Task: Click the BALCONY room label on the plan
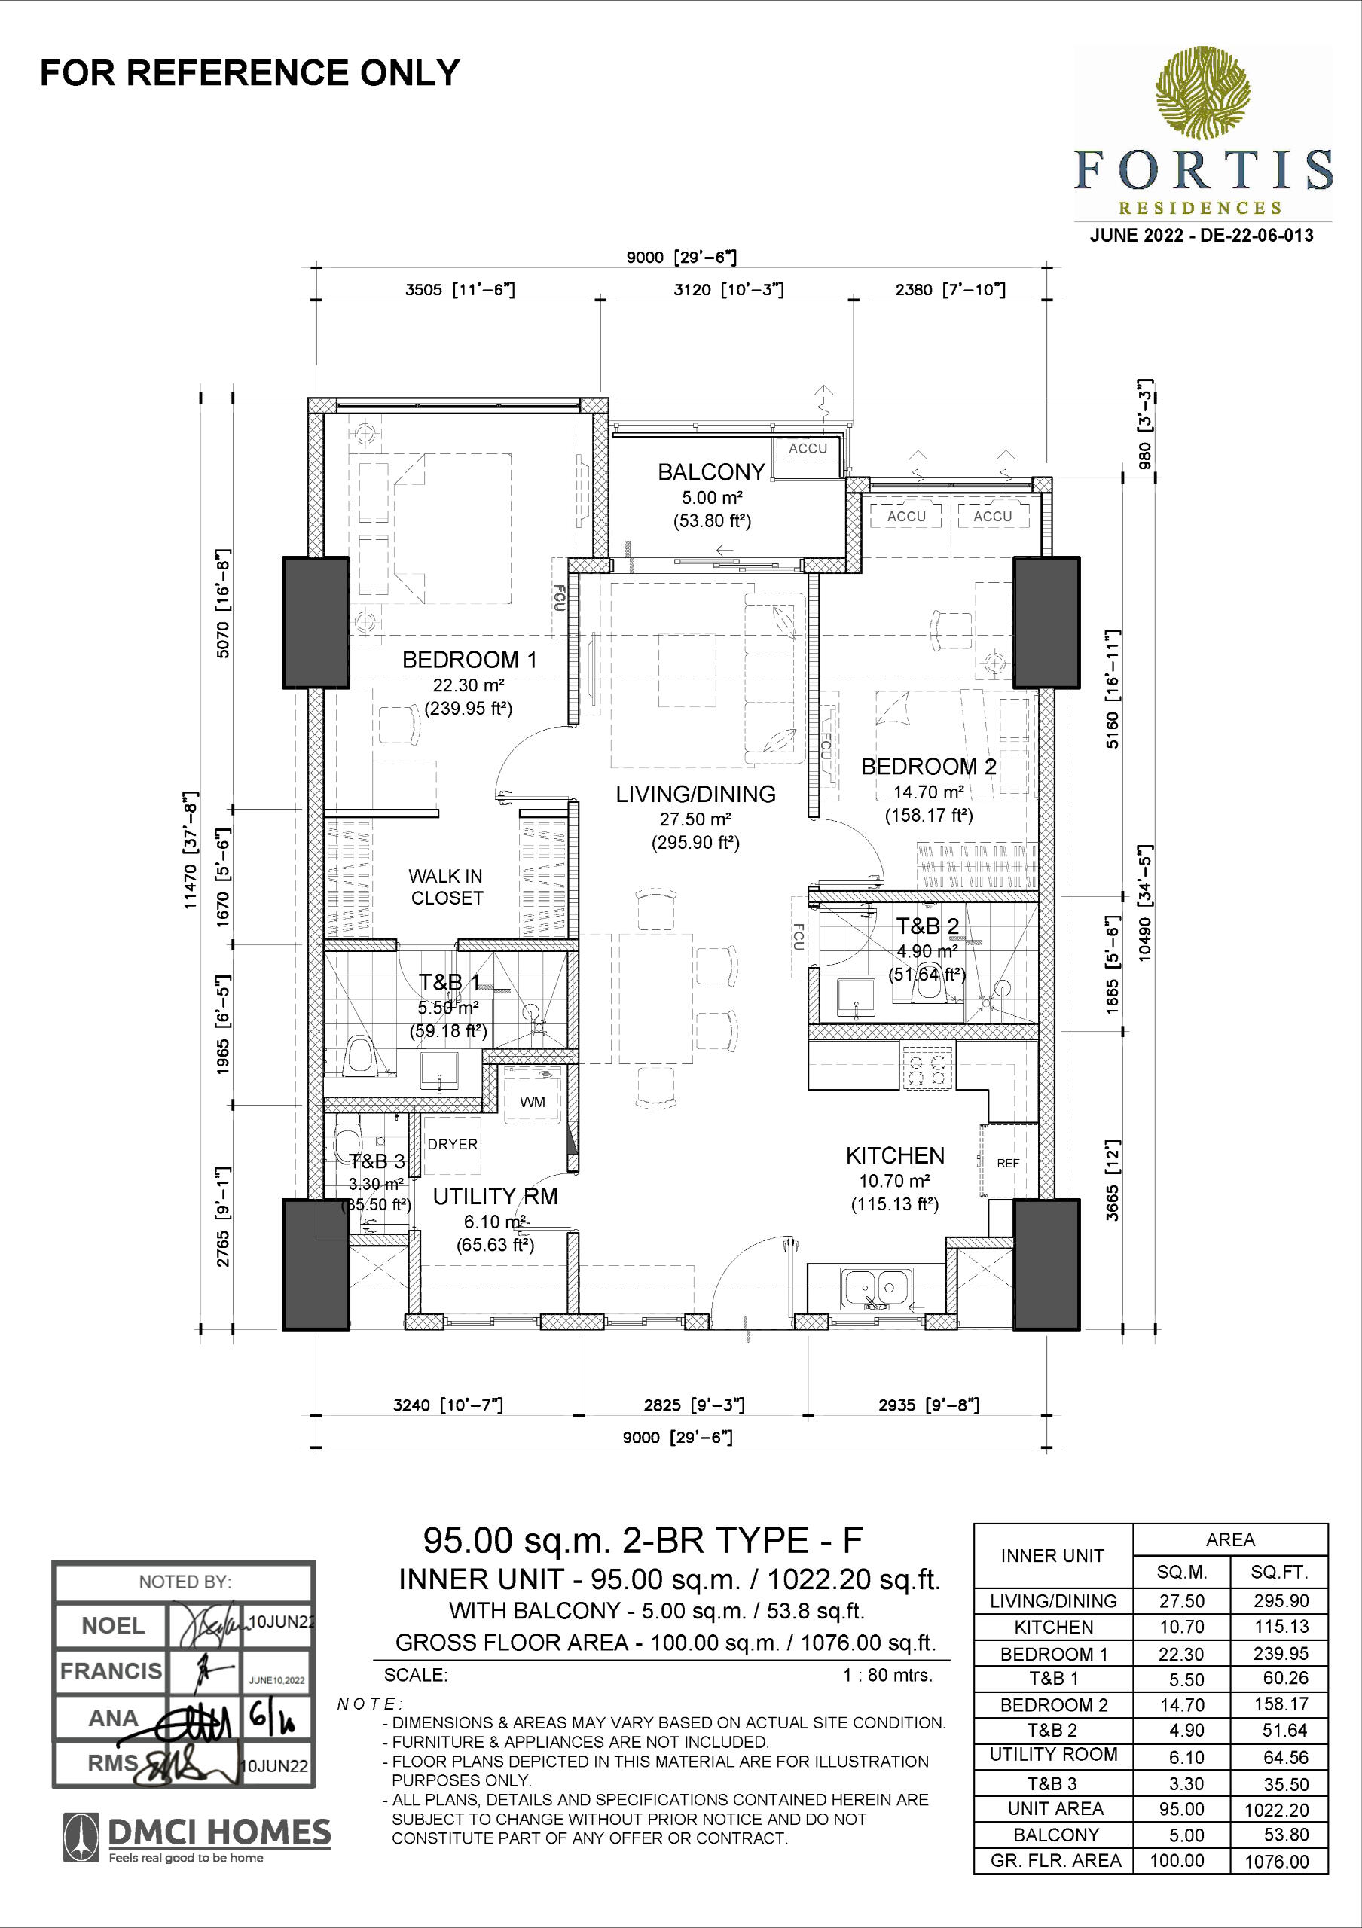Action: click(711, 472)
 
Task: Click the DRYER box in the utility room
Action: click(452, 1145)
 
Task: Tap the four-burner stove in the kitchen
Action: click(928, 1066)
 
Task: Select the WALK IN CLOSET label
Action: click(446, 886)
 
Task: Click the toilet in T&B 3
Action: click(347, 1137)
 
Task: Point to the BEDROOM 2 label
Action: click(929, 766)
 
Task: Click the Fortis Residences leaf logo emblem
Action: click(1202, 93)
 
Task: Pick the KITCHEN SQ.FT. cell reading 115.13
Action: click(1281, 1627)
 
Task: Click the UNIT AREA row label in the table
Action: click(1055, 1809)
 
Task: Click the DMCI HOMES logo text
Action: click(220, 1832)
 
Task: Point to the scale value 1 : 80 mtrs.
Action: click(887, 1675)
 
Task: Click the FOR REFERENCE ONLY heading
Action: click(250, 73)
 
